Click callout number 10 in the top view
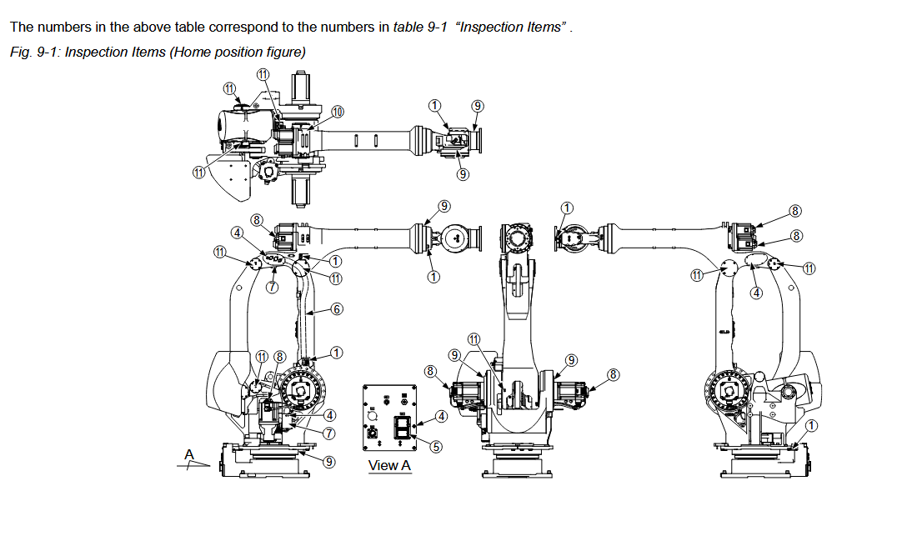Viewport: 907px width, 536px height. click(338, 111)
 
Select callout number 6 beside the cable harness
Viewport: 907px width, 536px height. click(337, 308)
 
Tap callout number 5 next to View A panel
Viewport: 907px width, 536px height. click(435, 446)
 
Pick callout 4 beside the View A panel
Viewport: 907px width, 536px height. click(441, 415)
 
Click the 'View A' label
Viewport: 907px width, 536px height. click(389, 465)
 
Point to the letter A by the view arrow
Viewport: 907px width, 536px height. click(189, 454)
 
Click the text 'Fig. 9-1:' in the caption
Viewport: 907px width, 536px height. click(35, 52)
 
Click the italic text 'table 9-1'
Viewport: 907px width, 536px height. click(420, 27)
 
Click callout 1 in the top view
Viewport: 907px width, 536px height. click(434, 105)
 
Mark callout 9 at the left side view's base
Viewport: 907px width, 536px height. click(329, 461)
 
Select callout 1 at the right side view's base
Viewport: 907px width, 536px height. click(812, 425)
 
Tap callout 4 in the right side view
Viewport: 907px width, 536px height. click(757, 293)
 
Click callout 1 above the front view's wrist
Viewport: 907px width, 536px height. click(567, 208)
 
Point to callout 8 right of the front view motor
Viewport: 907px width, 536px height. click(614, 374)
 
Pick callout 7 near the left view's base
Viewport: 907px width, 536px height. click(329, 433)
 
